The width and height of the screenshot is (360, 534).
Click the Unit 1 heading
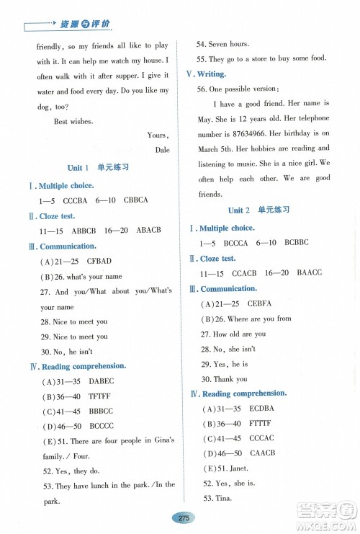97,167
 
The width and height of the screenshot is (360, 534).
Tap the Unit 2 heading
258,210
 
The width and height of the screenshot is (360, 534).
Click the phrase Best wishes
73,122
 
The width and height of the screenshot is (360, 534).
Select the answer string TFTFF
100,396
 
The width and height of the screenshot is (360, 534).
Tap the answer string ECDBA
262,408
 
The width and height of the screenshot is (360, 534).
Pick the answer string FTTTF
262,424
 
